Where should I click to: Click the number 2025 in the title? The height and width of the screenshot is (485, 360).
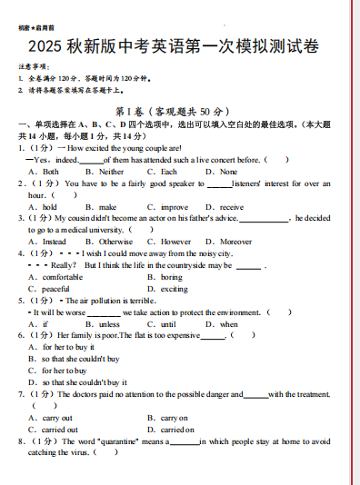45,47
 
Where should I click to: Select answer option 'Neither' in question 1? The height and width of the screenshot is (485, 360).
112,171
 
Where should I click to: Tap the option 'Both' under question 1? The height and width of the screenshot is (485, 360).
50,171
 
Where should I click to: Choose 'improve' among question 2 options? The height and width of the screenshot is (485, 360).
175,207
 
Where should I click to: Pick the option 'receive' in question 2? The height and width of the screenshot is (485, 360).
231,207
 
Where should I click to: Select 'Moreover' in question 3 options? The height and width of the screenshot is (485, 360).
235,242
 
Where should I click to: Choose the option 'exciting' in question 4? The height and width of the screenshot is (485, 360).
175,289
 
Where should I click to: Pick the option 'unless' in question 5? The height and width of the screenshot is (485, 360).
109,324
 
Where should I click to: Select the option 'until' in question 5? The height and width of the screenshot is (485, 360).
168,324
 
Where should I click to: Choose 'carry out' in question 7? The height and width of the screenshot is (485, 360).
58,418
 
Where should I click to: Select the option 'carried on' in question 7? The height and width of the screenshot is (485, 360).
177,430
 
